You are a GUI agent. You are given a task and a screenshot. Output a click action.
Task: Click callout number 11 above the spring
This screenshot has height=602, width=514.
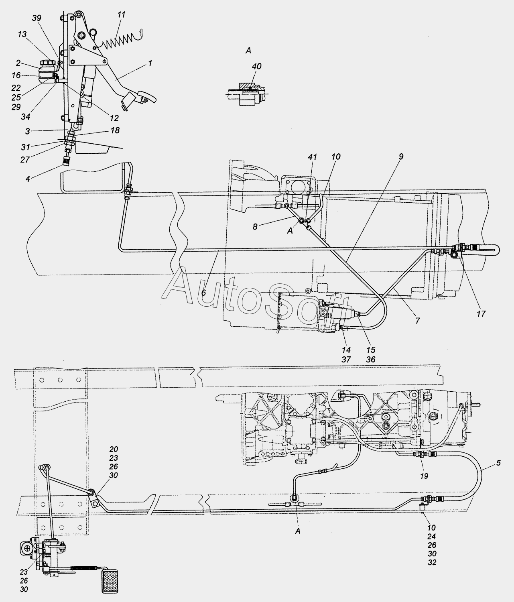(121, 15)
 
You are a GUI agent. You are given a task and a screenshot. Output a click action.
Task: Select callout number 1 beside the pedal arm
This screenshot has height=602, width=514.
(150, 63)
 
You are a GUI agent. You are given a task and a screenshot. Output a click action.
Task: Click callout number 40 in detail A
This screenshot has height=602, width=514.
(257, 66)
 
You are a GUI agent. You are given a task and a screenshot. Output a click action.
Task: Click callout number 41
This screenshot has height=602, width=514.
(313, 157)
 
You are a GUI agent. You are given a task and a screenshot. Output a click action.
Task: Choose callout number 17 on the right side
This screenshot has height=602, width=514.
(481, 313)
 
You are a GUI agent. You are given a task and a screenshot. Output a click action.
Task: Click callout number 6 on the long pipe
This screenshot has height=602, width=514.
(203, 293)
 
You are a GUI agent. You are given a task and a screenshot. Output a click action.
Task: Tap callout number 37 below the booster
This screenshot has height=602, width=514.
(346, 360)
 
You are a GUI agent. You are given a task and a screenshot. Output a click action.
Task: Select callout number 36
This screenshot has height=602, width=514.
(370, 360)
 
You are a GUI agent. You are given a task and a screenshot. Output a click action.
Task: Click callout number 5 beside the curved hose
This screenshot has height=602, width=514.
(498, 463)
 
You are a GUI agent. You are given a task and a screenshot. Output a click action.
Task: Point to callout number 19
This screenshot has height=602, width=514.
(424, 476)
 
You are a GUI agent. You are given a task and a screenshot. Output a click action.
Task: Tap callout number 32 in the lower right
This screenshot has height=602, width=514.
(432, 562)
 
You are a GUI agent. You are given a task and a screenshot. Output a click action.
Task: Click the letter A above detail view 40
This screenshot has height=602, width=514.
(249, 51)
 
